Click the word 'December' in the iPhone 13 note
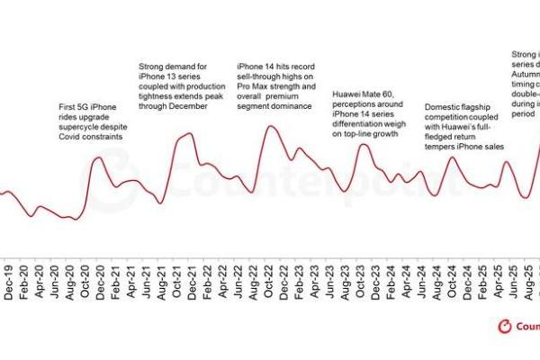pos(185,107)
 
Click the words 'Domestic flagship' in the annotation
pos(456,105)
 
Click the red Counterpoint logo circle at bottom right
pos(505,327)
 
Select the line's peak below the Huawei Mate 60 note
pos(364,144)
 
